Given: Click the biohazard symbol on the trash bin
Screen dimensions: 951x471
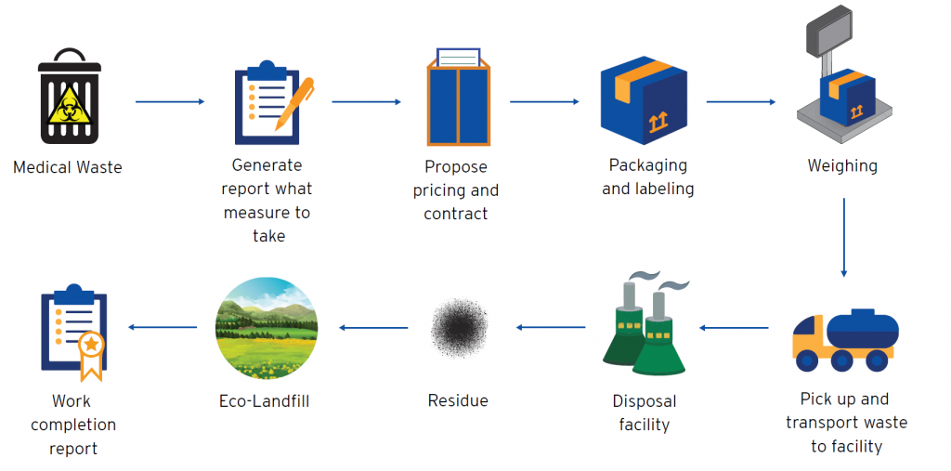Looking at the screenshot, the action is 73,102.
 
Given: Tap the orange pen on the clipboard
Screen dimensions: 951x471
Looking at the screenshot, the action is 294,103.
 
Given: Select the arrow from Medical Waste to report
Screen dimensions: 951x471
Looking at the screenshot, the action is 171,102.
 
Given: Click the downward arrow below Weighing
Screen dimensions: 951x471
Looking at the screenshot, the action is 843,238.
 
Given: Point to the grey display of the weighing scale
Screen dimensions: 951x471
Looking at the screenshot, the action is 829,29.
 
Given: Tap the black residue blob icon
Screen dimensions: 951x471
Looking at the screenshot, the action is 459,328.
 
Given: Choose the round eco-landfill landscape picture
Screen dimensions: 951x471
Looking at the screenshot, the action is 267,328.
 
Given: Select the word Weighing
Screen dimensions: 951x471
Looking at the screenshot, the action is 842,166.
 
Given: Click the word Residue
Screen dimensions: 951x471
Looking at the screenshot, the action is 458,400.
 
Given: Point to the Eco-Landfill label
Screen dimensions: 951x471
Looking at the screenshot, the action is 265,401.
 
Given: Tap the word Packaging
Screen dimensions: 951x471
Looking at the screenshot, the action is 647,165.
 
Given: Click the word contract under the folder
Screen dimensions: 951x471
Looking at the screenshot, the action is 455,214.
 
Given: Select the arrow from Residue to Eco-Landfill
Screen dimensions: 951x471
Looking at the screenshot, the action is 373,328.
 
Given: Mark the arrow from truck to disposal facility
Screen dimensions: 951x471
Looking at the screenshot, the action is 734,328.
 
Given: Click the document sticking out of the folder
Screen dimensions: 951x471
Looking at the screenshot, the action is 459,57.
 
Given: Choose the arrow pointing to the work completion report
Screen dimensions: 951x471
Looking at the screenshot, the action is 163,328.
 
